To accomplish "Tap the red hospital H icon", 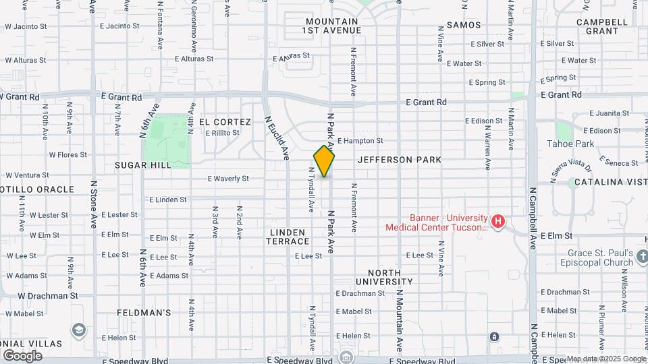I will pos(498,221).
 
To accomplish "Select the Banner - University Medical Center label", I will pos(436,222).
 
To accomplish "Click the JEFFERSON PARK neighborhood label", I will pos(400,160).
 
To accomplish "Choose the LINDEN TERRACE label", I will pos(289,237).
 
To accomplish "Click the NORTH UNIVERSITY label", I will pos(384,277).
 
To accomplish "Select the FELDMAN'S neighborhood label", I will pos(144,313).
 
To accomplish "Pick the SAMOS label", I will pos(464,25).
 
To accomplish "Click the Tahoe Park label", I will pos(570,144).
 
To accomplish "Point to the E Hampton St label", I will pos(360,141).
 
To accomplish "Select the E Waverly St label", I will pos(228,179).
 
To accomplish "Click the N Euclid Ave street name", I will pos(277,138).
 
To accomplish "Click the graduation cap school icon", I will pos(79,330).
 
